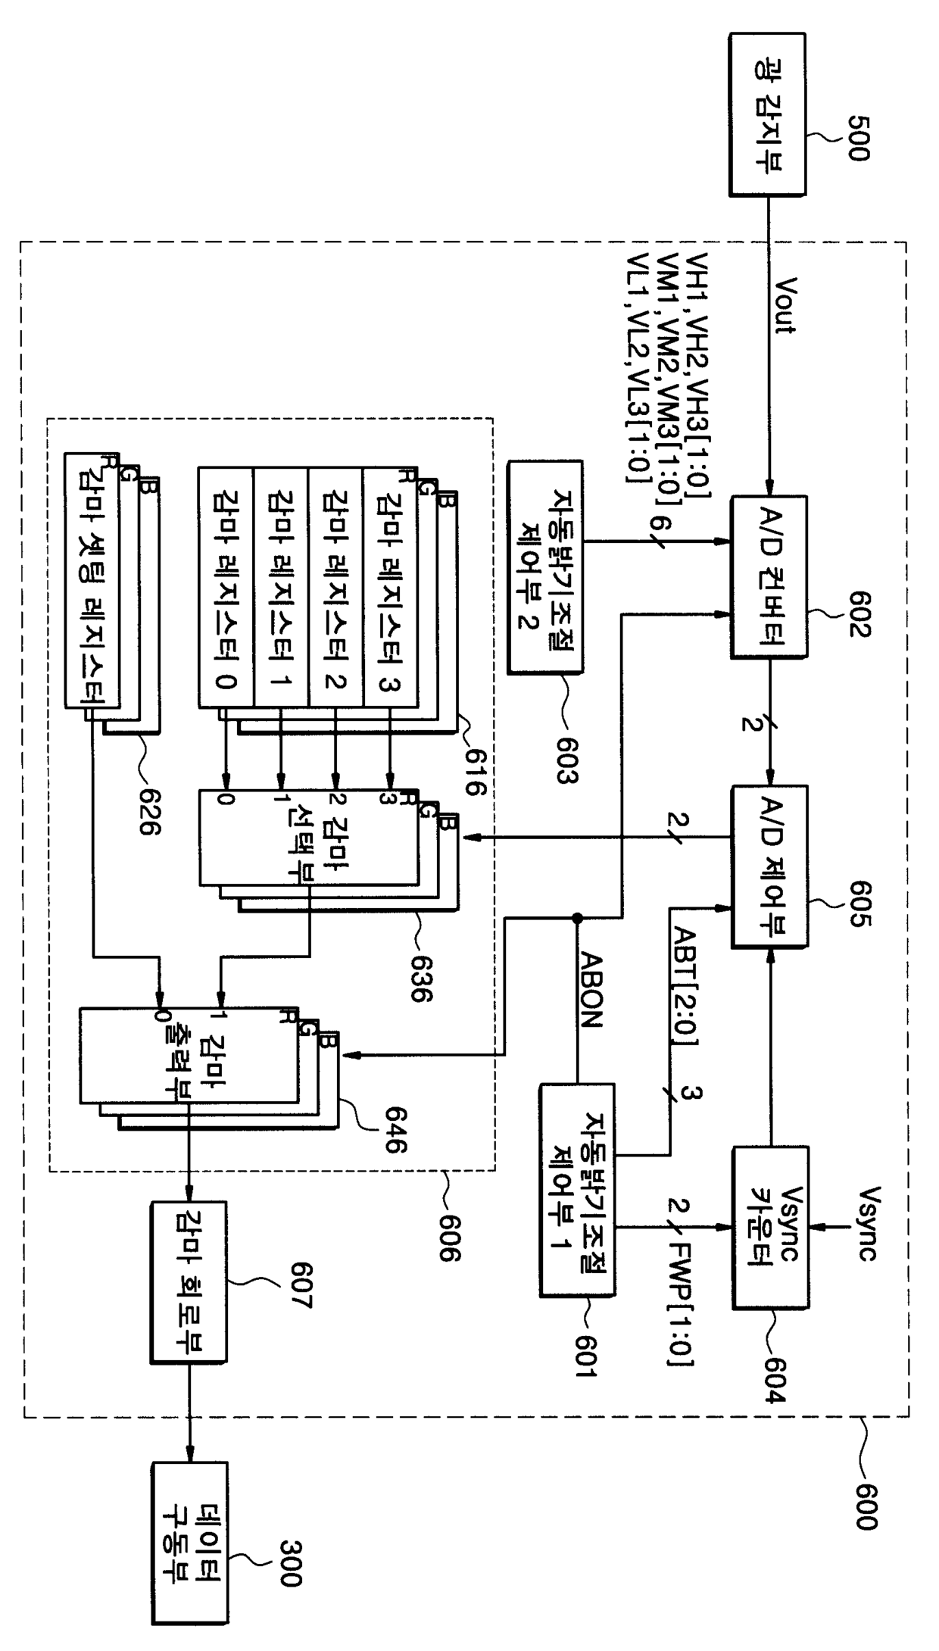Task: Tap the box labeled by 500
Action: tap(767, 114)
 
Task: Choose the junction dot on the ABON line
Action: tap(577, 918)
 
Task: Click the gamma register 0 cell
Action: tap(226, 588)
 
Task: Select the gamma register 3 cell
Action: tap(390, 588)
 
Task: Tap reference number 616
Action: tap(474, 773)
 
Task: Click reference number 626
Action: tap(150, 812)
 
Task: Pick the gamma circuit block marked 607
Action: tap(189, 1283)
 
